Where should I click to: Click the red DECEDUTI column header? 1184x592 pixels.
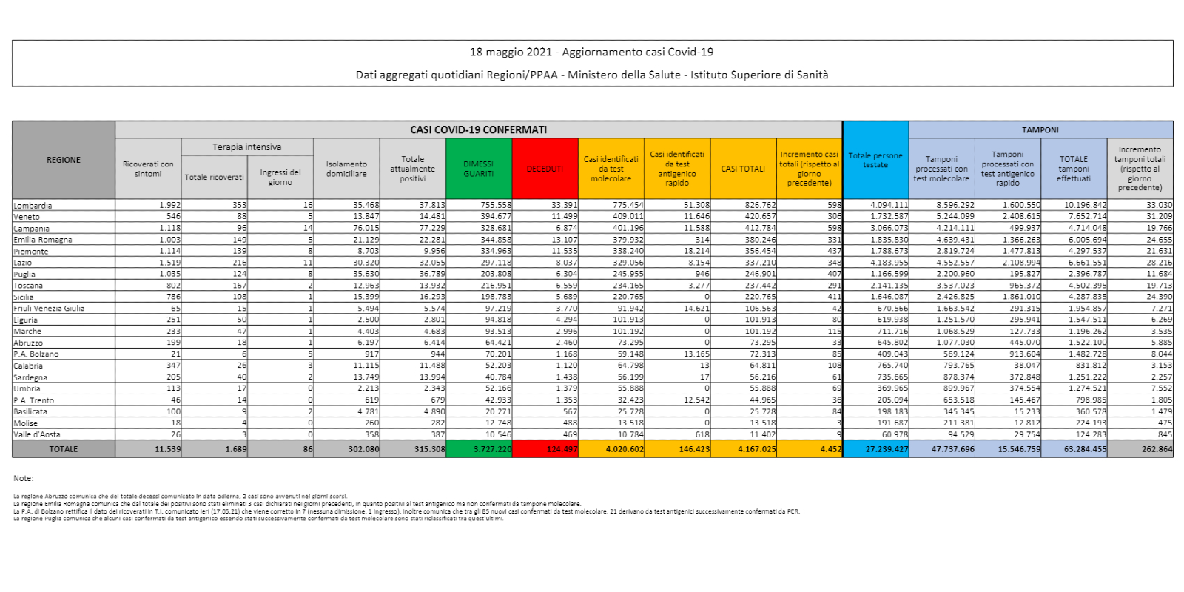click(x=545, y=169)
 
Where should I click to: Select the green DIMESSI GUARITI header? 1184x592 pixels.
click(x=479, y=169)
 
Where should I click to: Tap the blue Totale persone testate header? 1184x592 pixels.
click(x=875, y=161)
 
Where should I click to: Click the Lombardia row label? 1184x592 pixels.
click(x=33, y=206)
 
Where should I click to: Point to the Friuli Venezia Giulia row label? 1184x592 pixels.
click(x=50, y=309)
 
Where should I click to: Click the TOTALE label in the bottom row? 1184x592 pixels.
click(x=64, y=449)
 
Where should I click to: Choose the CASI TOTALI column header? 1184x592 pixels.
click(x=743, y=169)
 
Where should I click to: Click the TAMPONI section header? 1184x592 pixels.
click(x=1040, y=129)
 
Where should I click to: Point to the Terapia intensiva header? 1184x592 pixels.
click(x=247, y=147)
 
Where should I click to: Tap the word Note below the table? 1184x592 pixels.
click(x=24, y=479)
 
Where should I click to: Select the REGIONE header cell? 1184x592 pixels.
click(x=64, y=160)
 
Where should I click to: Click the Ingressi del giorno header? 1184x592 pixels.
click(x=280, y=178)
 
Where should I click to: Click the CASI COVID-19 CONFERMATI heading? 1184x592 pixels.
click(x=479, y=129)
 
